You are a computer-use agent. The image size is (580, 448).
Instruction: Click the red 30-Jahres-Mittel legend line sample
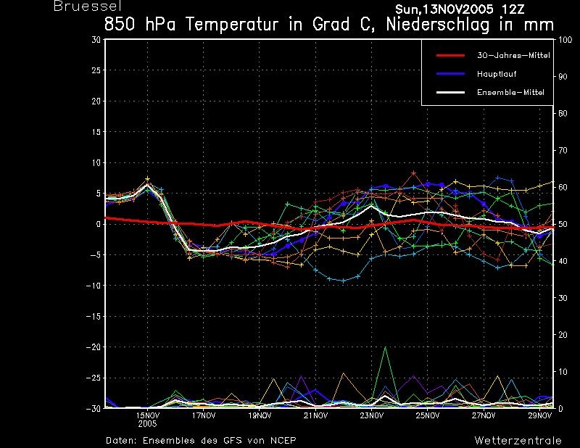[x=450, y=56]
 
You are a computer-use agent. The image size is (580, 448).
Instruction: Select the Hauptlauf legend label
[x=497, y=74]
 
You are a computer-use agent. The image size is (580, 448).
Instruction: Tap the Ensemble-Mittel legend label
[x=510, y=92]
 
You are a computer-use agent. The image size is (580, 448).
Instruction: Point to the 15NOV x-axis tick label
[x=148, y=416]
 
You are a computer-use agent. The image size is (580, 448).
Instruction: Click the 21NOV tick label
[x=315, y=416]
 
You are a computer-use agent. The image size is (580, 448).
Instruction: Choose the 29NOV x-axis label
[x=539, y=416]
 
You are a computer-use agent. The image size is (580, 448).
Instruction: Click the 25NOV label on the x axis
[x=428, y=416]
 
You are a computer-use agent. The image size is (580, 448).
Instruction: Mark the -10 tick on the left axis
[x=94, y=286]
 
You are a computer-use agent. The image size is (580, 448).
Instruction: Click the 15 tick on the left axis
[x=96, y=132]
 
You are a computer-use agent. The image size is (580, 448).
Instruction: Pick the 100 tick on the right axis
[x=565, y=40]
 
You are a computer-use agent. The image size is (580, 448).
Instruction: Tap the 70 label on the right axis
[x=563, y=150]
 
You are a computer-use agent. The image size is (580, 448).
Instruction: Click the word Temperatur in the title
[x=232, y=25]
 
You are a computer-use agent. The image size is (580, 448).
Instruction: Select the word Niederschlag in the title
[x=438, y=25]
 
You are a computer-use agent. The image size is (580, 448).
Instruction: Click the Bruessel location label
[x=88, y=7]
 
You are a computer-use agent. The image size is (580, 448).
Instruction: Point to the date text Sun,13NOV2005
[x=439, y=9]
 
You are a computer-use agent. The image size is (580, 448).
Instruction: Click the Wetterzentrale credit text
[x=518, y=440]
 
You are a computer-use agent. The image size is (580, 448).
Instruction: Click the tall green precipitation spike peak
[x=386, y=347]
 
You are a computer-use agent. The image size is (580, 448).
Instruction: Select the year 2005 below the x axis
[x=148, y=424]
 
